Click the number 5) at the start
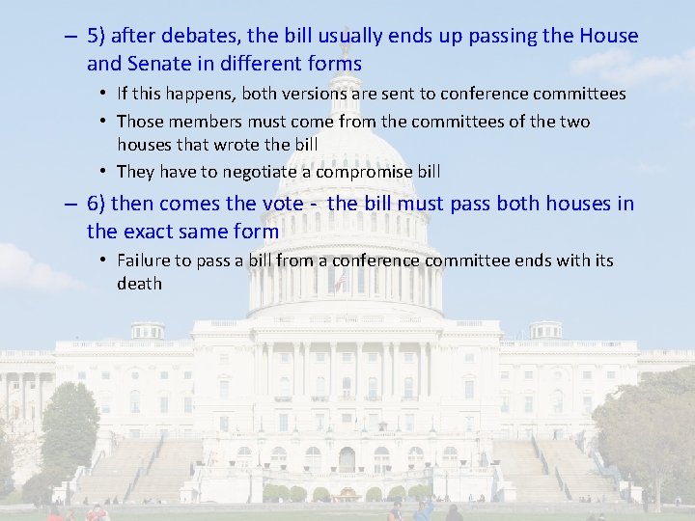[97, 37]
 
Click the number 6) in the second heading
[97, 204]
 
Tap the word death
[139, 284]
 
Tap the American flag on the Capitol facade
[339, 282]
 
